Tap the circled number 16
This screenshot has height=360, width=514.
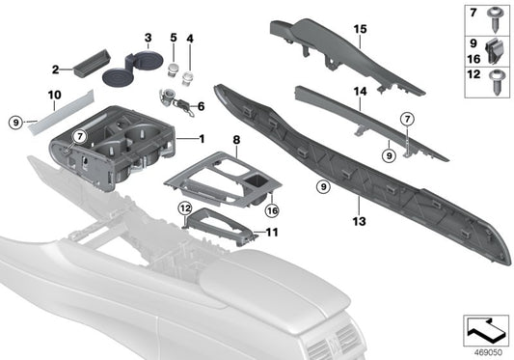coord(273,208)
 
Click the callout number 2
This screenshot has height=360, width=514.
coord(56,69)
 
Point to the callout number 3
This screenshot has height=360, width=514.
coord(148,39)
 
